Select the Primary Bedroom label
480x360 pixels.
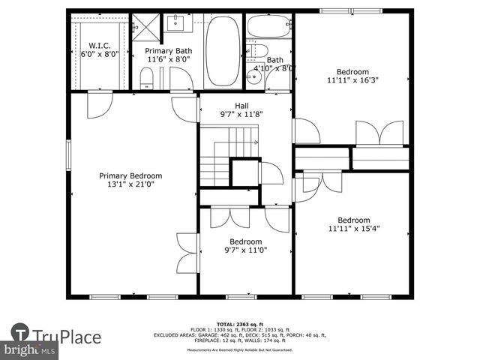coord(130,175)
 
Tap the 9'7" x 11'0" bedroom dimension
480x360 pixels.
coord(245,250)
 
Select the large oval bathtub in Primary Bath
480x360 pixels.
coord(223,51)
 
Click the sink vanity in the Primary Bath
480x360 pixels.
coord(175,24)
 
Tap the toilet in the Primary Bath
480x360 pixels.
coord(147,77)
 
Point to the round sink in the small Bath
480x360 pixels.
coord(253,76)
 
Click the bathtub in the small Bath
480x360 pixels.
coord(269,26)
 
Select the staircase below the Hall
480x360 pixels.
coord(225,154)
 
